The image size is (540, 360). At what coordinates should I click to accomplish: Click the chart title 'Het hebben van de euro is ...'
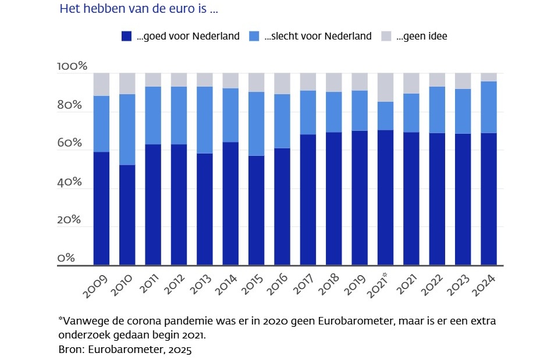[x=139, y=10]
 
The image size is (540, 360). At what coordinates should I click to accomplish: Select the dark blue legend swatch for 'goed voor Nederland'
[x=126, y=36]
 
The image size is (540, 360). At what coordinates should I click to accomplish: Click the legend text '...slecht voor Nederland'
[x=318, y=36]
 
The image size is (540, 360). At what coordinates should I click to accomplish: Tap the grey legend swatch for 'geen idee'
[x=386, y=36]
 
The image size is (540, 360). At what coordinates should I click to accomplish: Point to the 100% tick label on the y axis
[x=72, y=66]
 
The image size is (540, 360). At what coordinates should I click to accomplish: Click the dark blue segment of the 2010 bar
[x=127, y=215]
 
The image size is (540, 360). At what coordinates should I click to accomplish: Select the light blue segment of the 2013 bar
[x=205, y=120]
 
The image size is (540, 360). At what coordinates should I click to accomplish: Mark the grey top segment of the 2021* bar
[x=386, y=87]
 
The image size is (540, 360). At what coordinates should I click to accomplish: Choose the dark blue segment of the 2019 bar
[x=360, y=198]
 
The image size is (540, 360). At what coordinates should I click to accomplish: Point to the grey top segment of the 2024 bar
[x=489, y=77]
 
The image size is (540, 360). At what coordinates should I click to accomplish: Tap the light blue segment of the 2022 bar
[x=437, y=110]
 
